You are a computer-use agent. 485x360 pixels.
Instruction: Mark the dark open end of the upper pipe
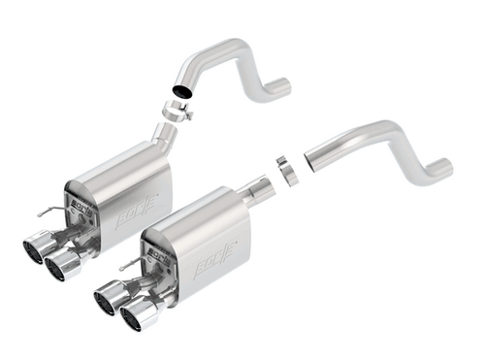179,90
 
